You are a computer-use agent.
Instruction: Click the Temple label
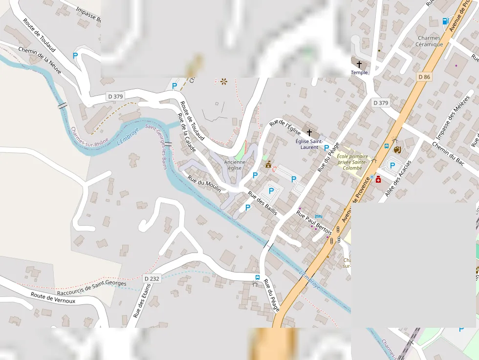tap(359, 73)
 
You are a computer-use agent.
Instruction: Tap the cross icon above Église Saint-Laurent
tap(309, 132)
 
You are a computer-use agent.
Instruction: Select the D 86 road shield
tap(424, 77)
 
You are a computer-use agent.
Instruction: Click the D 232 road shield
tap(152, 278)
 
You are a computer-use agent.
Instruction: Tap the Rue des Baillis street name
tap(262, 203)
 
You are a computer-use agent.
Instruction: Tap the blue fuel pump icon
tap(445, 21)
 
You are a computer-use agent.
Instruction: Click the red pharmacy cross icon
tap(378, 180)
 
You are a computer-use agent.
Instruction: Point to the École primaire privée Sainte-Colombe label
tap(352, 162)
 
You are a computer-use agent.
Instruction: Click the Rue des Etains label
tap(142, 300)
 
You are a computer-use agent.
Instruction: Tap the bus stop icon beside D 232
tap(257, 278)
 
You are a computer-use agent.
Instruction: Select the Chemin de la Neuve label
tap(40, 60)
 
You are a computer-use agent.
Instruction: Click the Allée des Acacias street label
tap(398, 179)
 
